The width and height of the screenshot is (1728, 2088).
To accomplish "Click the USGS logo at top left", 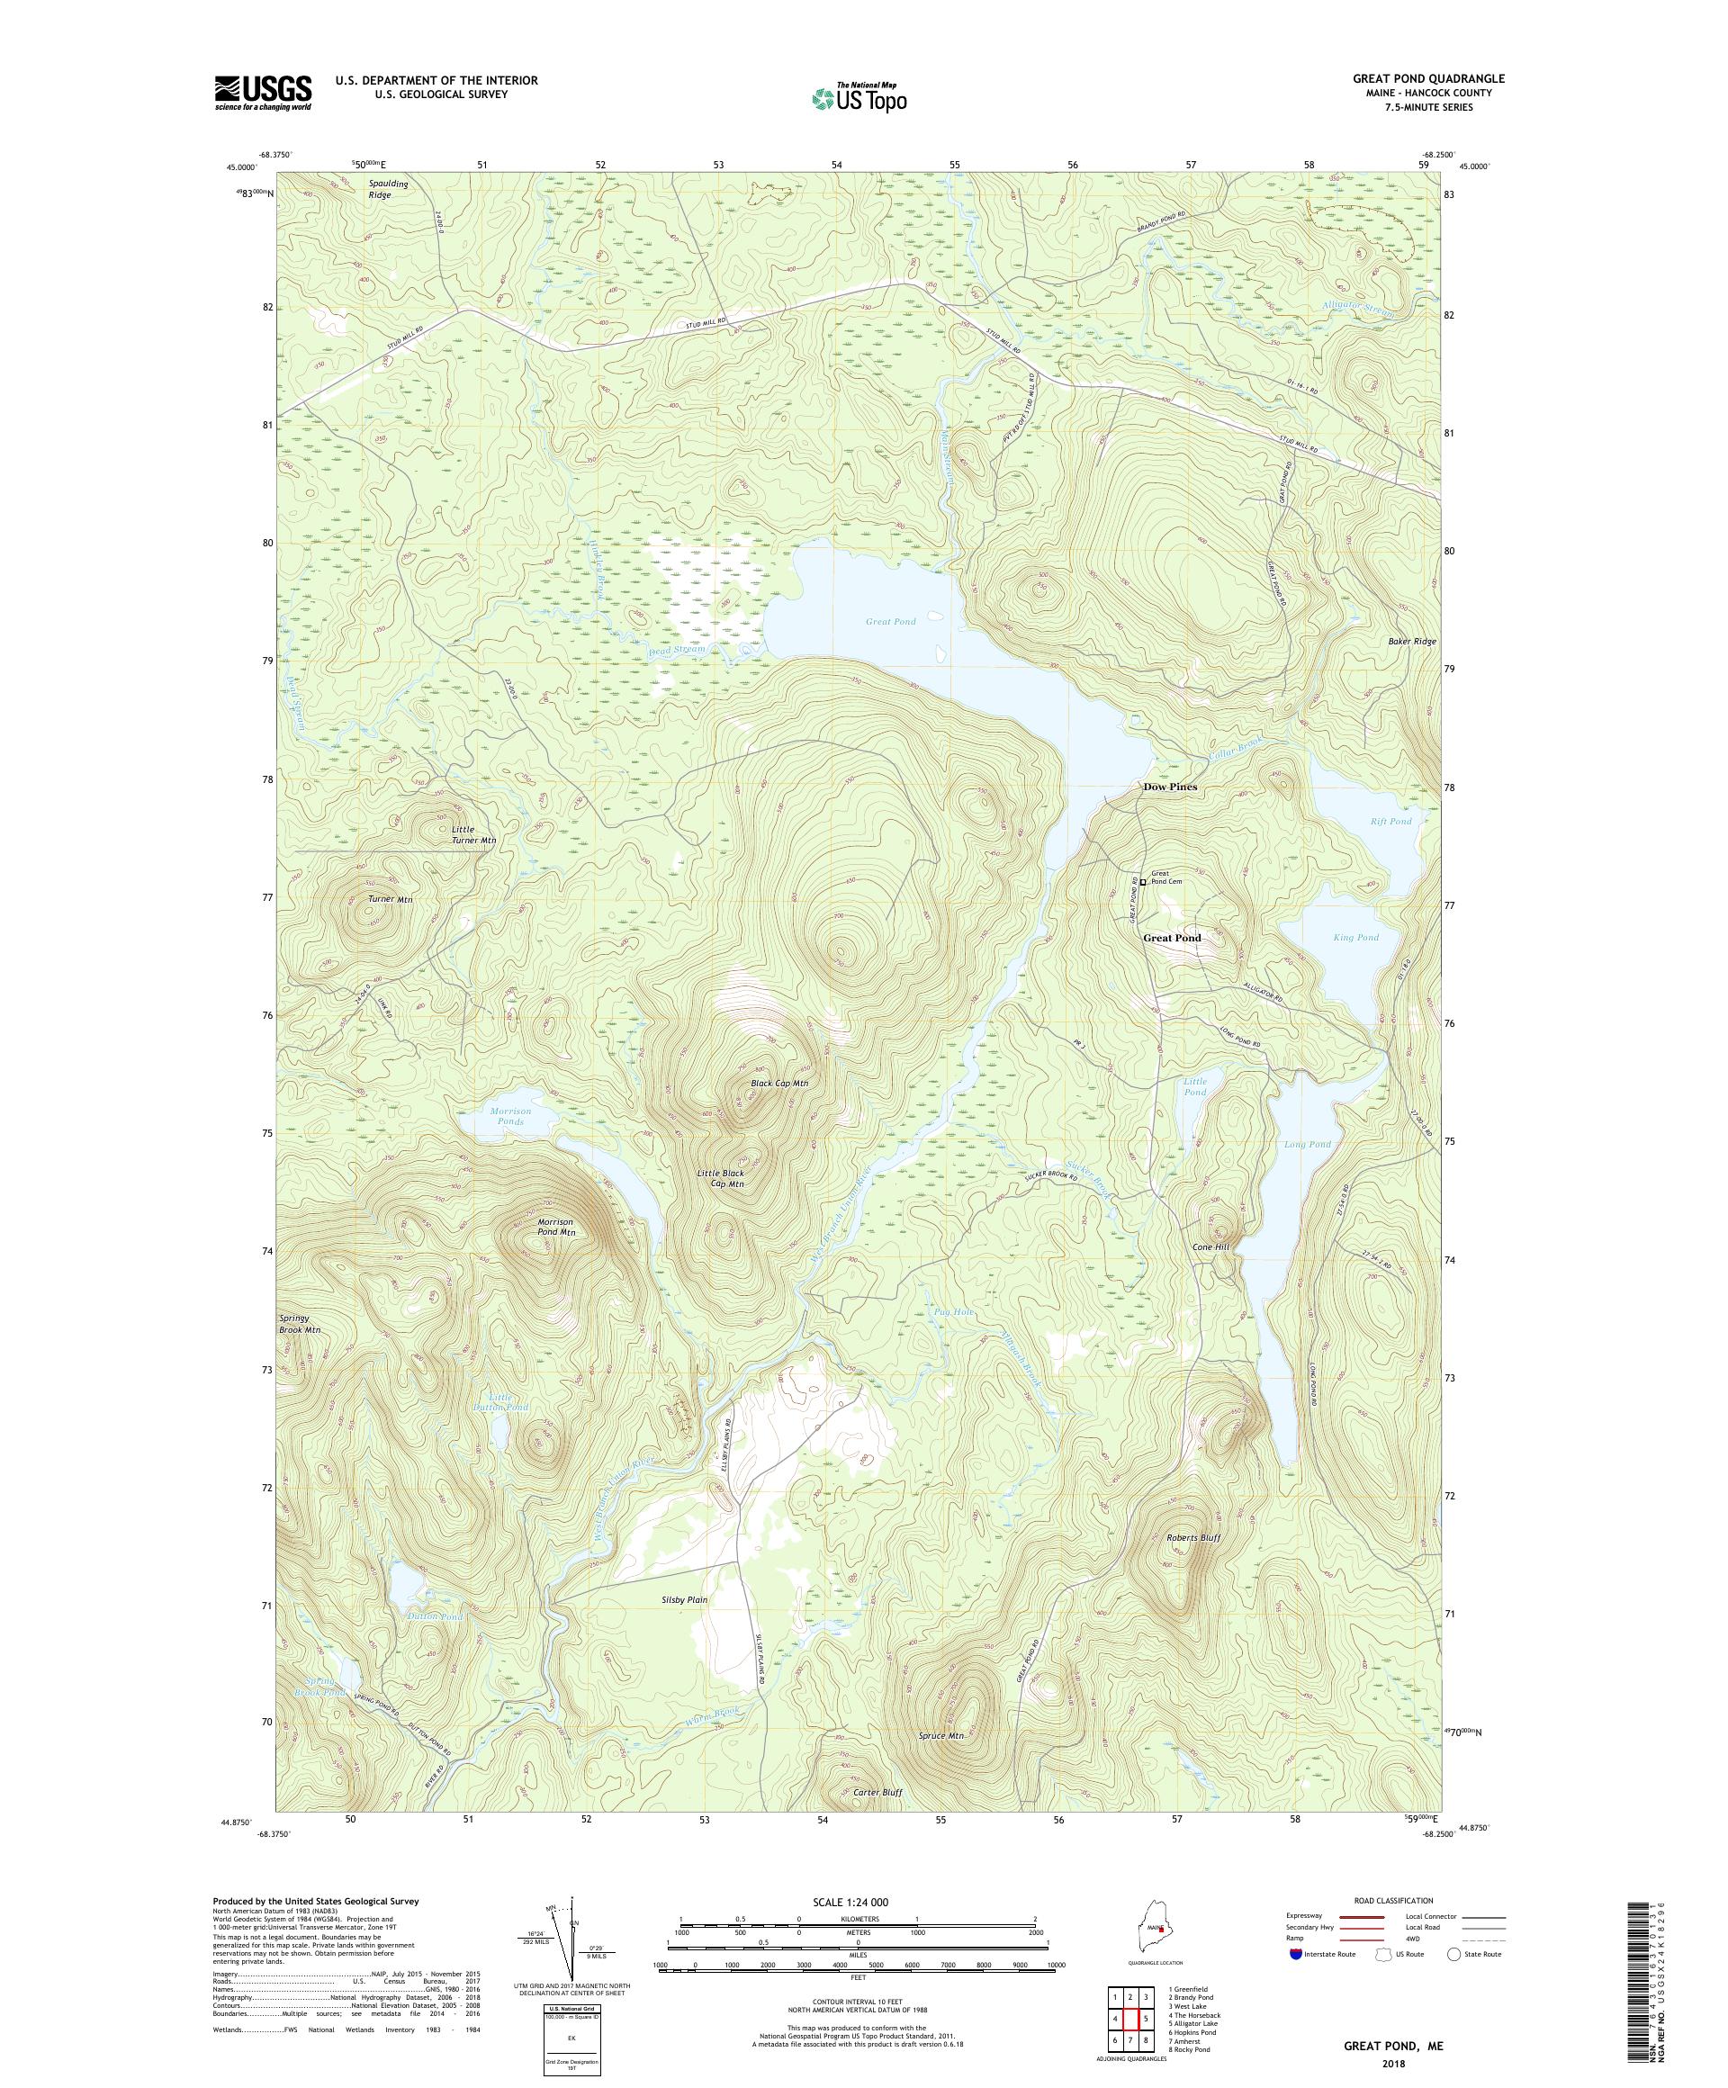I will tap(263, 94).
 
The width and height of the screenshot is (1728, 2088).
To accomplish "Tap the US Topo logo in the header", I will tap(859, 97).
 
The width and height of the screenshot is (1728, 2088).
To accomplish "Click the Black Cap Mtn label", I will tap(779, 1083).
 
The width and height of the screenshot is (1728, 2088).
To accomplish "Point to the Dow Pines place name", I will tap(1169, 787).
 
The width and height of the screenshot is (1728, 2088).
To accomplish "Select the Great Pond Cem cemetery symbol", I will tap(1142, 882).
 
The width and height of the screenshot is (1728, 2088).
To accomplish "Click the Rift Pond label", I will tap(1390, 822).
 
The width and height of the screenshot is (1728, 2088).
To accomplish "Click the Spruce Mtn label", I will tap(940, 1735).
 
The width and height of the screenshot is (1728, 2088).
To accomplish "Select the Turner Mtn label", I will tap(390, 899).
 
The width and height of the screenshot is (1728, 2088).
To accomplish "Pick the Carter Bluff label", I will tap(877, 1792).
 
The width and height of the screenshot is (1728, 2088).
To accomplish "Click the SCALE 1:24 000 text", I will tap(858, 1900).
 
